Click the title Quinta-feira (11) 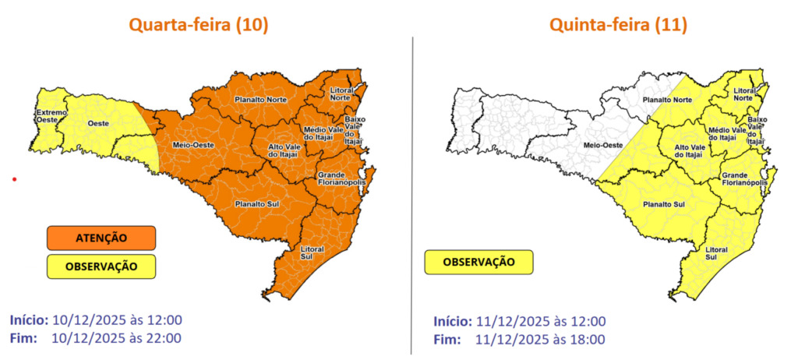coord(618,25)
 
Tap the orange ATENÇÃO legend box coord(101,237)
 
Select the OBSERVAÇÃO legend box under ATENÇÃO coord(101,266)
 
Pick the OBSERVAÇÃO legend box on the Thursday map coord(478,262)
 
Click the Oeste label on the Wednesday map coord(97,124)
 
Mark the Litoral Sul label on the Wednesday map coord(312,252)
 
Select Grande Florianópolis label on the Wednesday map coord(341,182)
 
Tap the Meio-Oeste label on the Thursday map coord(602,146)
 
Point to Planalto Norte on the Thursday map coord(666,101)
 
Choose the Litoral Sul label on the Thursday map coord(716,252)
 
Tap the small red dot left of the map coord(14,180)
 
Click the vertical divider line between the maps coord(411,195)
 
